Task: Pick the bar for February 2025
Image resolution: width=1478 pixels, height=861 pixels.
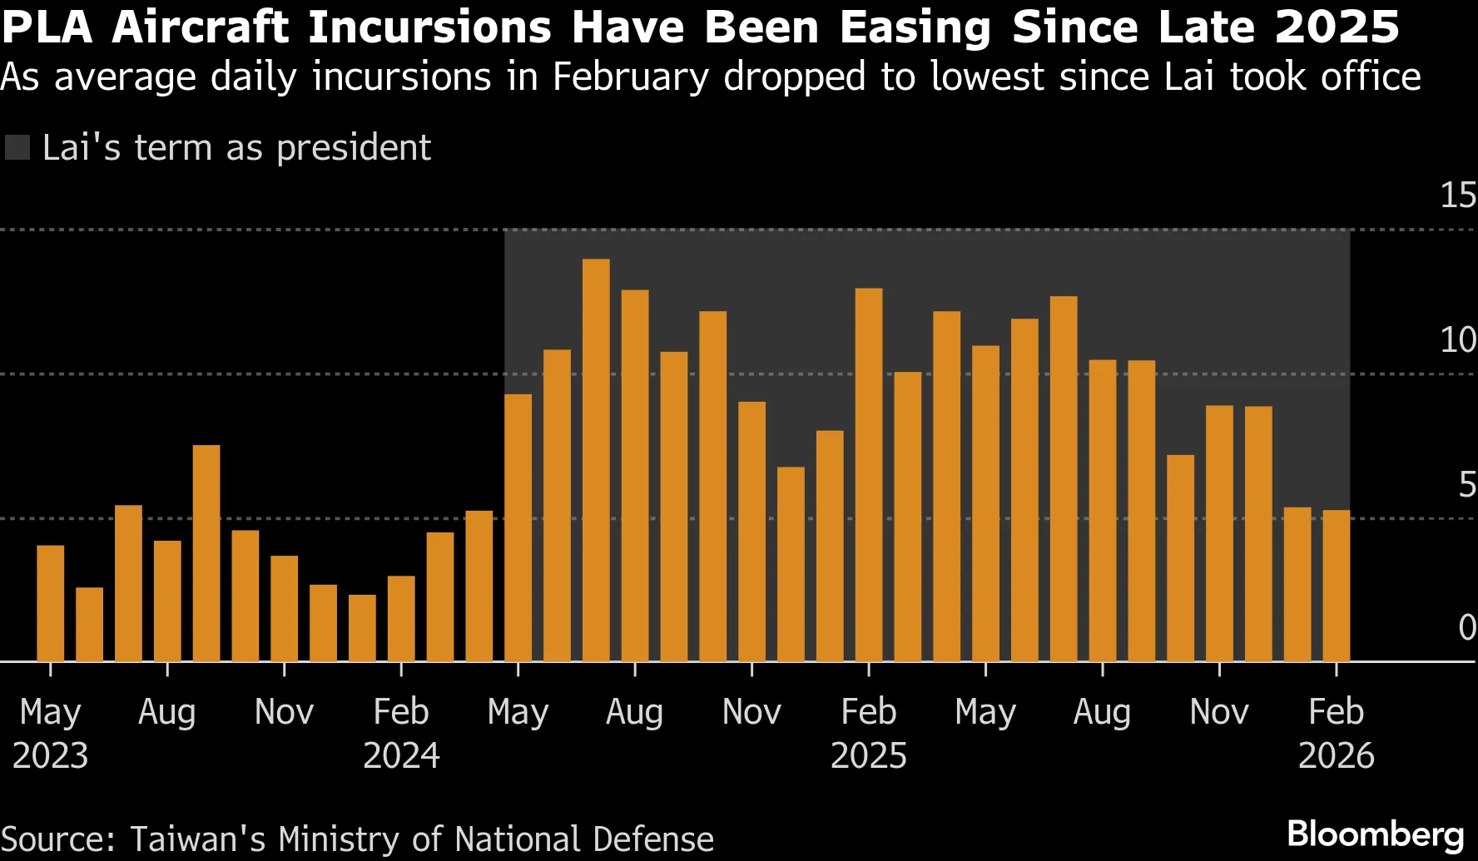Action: (869, 475)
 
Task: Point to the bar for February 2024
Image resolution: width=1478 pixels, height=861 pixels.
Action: (401, 619)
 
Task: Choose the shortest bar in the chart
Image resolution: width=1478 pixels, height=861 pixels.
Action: (90, 625)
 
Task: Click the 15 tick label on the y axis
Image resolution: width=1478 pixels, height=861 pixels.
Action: (1457, 195)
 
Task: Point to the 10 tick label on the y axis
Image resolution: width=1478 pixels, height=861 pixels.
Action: (1457, 340)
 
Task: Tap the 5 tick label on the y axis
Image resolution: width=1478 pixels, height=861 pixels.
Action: (1466, 485)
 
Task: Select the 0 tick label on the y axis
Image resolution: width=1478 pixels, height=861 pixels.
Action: (1466, 628)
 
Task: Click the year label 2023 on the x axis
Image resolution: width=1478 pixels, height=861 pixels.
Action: (50, 755)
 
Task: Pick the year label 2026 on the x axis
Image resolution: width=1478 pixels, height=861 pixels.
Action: (1336, 755)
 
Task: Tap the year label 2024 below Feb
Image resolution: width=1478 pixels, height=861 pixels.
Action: (401, 755)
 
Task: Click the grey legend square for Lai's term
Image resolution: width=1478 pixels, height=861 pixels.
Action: (17, 148)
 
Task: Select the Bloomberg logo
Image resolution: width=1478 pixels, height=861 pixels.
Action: (1375, 834)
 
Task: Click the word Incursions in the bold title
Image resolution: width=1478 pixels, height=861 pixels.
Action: (429, 27)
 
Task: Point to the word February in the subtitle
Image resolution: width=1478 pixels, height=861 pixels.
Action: (630, 77)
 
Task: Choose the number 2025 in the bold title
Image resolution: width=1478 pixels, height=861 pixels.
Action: (1337, 27)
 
